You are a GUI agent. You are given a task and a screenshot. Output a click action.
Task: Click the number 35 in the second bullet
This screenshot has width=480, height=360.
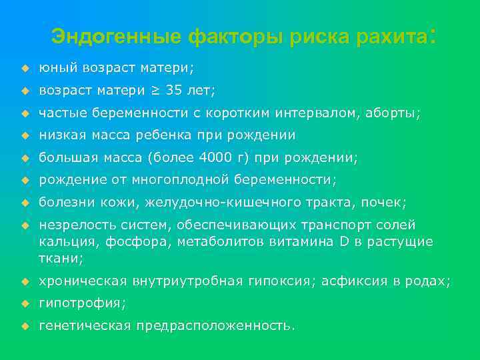click(174, 90)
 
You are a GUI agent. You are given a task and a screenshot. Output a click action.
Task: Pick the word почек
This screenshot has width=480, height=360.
click(388, 202)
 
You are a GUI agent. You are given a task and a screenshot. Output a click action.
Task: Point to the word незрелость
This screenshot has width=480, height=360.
click(70, 225)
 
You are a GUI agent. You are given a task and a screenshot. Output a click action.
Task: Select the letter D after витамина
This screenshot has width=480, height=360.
click(344, 241)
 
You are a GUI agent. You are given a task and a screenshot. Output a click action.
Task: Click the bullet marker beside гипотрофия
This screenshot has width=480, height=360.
click(24, 303)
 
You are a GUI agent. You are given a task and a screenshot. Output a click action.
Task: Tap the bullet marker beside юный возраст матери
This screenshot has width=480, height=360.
click(24, 68)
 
